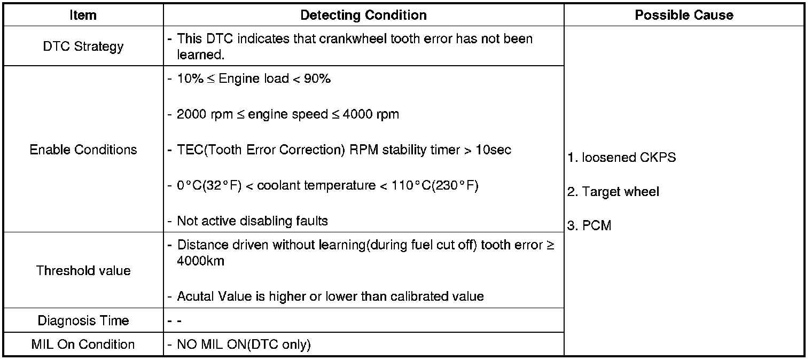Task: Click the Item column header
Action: pyautogui.click(x=83, y=15)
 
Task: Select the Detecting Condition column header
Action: pyautogui.click(x=363, y=15)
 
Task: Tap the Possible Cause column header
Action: pyautogui.click(x=684, y=15)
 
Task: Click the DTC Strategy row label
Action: pyautogui.click(x=83, y=46)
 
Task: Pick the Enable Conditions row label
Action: pyautogui.click(x=83, y=150)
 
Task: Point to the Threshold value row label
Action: pyautogui.click(x=83, y=270)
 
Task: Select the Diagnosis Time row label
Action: pyautogui.click(x=83, y=320)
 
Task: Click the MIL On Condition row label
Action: pyautogui.click(x=83, y=344)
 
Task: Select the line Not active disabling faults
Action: pyautogui.click(x=252, y=221)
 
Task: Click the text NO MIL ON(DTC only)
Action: pyautogui.click(x=244, y=345)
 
